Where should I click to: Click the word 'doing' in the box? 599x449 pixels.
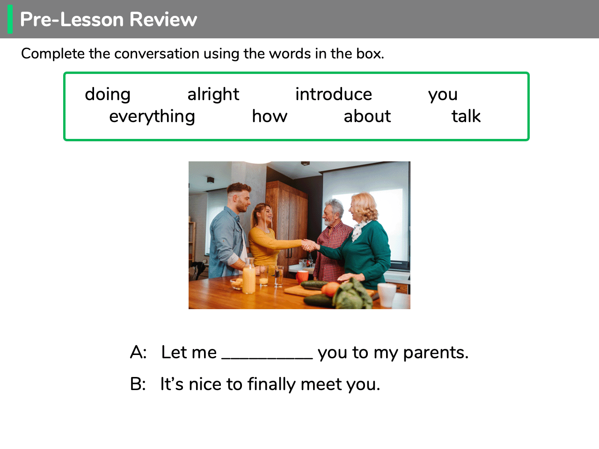(x=108, y=95)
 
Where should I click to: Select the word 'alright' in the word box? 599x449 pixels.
(x=213, y=94)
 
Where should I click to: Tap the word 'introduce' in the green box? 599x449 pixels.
(x=334, y=94)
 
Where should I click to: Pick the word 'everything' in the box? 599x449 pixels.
(x=152, y=116)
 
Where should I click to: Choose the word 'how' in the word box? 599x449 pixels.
(x=270, y=116)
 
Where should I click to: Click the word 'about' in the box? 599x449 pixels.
(x=367, y=116)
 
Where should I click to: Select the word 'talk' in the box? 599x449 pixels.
(x=466, y=116)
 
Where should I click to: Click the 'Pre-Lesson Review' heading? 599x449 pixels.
(x=109, y=19)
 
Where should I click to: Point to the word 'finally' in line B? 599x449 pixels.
(x=271, y=384)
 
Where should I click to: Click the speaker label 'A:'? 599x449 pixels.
(x=138, y=352)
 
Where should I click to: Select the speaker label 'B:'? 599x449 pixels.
(x=138, y=384)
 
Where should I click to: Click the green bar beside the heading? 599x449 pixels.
(x=10, y=19)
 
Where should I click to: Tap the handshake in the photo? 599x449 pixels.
(x=310, y=245)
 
